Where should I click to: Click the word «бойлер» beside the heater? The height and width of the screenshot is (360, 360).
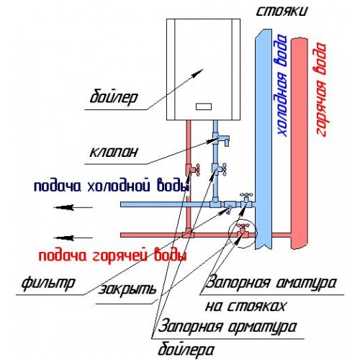tap(114, 97)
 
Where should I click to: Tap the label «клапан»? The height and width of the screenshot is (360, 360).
tap(114, 152)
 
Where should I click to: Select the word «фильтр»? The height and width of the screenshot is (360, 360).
tap(48, 284)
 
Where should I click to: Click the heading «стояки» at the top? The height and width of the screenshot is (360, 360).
tap(282, 11)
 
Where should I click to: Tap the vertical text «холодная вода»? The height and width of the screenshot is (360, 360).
tap(282, 85)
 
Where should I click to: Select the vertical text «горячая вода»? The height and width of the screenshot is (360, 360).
tap(320, 89)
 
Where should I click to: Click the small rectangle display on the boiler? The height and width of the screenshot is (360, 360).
tap(204, 107)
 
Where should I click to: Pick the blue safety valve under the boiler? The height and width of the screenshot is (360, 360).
tap(221, 140)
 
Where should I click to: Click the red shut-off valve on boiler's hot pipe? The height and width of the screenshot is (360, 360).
tap(194, 169)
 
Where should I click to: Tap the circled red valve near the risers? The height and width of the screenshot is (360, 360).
tap(243, 230)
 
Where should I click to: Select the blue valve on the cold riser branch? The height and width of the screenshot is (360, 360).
tap(246, 199)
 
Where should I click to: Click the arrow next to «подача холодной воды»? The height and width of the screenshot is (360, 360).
tap(73, 207)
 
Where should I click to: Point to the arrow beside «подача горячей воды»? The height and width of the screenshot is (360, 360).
tap(73, 238)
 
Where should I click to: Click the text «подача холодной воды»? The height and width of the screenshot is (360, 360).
tap(111, 186)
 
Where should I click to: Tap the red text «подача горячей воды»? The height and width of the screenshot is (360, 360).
tap(112, 256)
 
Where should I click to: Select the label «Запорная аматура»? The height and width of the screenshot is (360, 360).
tap(271, 283)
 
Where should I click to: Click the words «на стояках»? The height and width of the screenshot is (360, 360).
tap(246, 307)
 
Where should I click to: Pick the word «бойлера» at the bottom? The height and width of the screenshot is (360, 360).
tap(186, 350)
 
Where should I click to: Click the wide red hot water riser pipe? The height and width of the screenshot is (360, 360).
tap(300, 143)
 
